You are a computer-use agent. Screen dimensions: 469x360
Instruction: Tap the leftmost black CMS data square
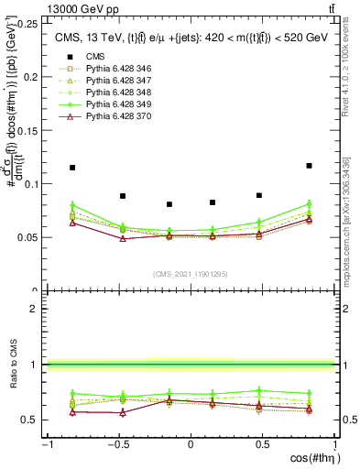pos(72,168)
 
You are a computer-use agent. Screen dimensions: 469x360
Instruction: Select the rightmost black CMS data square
pos(309,166)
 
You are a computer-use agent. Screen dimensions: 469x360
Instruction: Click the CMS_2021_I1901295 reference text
pos(191,274)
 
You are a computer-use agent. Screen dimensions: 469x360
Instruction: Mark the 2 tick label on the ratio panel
pos(34,309)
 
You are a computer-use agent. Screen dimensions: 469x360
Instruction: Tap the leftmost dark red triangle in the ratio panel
pos(72,411)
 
